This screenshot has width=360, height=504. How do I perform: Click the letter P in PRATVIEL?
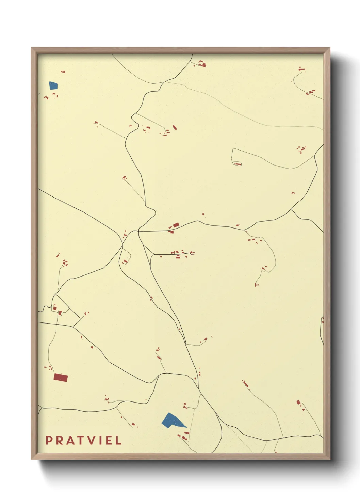(x=49, y=440)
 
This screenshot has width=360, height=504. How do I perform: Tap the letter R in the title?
(x=60, y=440)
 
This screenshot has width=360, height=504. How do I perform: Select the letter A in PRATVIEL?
(x=70, y=440)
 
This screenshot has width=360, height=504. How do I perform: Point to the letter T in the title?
(x=81, y=440)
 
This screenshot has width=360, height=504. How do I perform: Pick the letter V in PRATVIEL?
(x=92, y=440)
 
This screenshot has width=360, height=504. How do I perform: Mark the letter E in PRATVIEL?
(x=109, y=440)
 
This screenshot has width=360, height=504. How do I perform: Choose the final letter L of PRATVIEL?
(x=118, y=440)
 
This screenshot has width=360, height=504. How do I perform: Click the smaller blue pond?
(x=53, y=85)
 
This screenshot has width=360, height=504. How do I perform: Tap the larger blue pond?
(x=171, y=421)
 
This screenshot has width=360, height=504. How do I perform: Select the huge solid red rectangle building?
(x=61, y=377)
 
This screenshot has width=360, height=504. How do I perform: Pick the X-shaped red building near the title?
(x=133, y=424)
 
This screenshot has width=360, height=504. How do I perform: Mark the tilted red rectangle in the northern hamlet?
(x=175, y=128)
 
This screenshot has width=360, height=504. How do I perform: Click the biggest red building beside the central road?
(x=176, y=225)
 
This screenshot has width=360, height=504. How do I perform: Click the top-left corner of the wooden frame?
(x=32, y=48)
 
